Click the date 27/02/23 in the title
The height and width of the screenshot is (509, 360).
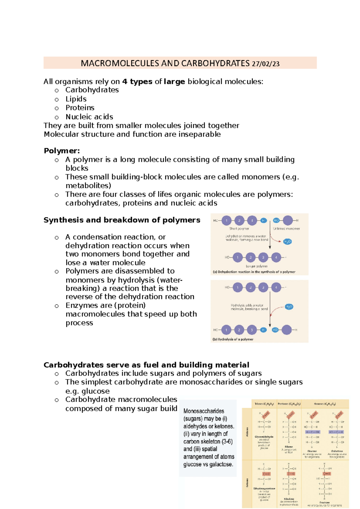[x=265, y=64]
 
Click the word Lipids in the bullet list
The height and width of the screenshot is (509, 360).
[x=76, y=99]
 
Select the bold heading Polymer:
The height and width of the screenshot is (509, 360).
[x=62, y=150]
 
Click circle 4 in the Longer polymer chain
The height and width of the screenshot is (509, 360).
[x=276, y=257]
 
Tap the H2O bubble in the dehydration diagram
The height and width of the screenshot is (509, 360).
[x=287, y=241]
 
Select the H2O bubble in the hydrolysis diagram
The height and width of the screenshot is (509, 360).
[x=289, y=307]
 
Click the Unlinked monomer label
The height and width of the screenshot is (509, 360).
[x=286, y=228]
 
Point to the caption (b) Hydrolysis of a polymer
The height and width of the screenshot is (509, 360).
[x=233, y=339]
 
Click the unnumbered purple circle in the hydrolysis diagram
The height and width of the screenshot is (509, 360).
[x=287, y=330]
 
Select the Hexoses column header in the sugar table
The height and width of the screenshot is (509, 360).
[x=325, y=404]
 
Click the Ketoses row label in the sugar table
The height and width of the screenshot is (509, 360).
[x=247, y=483]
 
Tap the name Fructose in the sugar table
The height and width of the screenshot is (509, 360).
[x=324, y=502]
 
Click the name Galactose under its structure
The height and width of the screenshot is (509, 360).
[x=337, y=451]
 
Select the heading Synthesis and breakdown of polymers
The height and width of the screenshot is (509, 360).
[x=122, y=220]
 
